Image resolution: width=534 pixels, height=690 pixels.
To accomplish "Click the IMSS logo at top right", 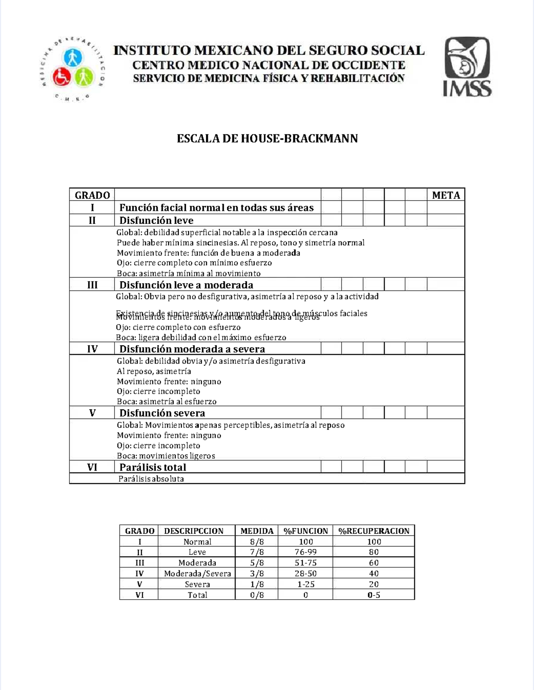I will (x=468, y=67).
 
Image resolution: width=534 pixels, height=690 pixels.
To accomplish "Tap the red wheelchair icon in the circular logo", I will (x=61, y=77).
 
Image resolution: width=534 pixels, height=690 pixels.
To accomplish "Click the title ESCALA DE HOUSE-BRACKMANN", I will (x=267, y=138).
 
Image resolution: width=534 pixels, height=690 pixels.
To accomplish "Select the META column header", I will (x=445, y=195).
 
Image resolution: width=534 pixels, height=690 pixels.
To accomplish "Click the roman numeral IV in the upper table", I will (x=92, y=349).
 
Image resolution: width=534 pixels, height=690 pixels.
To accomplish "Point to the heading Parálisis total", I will (x=153, y=467).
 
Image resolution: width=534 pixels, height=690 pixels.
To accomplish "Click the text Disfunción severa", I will (x=162, y=413).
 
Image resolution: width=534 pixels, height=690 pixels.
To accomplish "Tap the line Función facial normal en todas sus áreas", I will (x=216, y=208).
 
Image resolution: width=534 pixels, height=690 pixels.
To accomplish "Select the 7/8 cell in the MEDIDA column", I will (x=257, y=552).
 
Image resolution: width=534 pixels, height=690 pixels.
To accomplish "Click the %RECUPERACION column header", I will (x=374, y=531).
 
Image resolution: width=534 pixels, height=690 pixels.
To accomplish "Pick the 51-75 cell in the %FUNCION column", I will (x=306, y=563).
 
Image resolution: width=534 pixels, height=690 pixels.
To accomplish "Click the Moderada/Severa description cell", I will (x=197, y=573).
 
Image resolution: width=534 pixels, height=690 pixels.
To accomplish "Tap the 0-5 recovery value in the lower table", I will (x=374, y=595).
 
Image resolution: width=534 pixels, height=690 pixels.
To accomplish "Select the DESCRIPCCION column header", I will (x=194, y=531).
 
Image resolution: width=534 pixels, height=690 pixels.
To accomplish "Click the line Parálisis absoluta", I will (x=151, y=479).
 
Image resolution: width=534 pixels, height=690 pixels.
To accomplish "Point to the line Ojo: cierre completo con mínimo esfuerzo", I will (x=194, y=262).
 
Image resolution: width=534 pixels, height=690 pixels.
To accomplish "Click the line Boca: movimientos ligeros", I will (x=166, y=456).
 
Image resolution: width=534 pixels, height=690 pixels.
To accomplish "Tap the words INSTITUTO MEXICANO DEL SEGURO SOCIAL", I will (x=269, y=50).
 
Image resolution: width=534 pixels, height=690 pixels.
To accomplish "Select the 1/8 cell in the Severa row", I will (x=257, y=584).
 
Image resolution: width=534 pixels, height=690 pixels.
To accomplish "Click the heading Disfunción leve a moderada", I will (x=186, y=285).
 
